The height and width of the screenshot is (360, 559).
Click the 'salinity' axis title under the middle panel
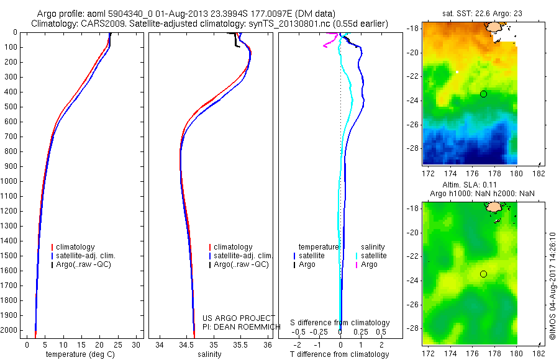pos(209,354)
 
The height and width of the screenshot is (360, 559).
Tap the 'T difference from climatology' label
pos(340,354)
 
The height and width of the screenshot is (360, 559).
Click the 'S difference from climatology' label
pos(340,323)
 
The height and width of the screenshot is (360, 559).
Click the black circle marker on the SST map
pos(483,94)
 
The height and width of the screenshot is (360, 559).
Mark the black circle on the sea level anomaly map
pos(483,274)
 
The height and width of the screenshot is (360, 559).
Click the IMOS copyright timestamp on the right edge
pos(553,286)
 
